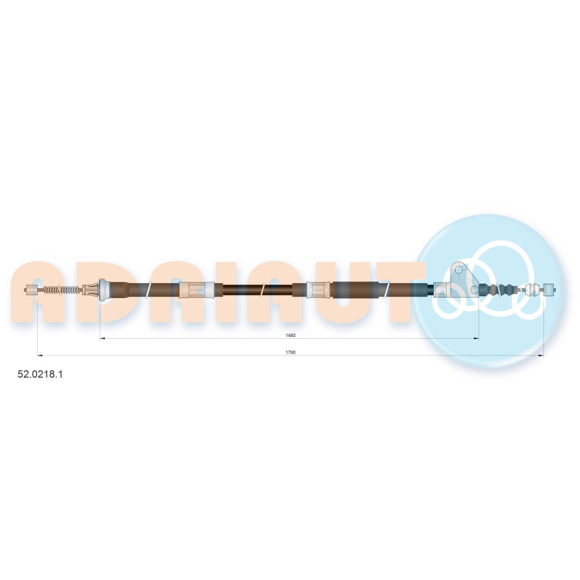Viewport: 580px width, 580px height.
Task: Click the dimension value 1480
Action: point(291,335)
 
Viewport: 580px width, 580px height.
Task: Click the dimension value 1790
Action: point(291,352)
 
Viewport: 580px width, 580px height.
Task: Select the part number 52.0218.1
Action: point(40,374)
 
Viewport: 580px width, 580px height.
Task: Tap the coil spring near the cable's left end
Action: point(61,289)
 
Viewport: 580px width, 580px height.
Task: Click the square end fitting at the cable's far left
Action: point(31,289)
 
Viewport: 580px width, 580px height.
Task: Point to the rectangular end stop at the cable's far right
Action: point(549,289)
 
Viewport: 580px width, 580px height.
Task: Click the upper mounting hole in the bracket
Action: point(459,270)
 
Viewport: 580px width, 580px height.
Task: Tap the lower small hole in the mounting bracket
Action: point(474,289)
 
